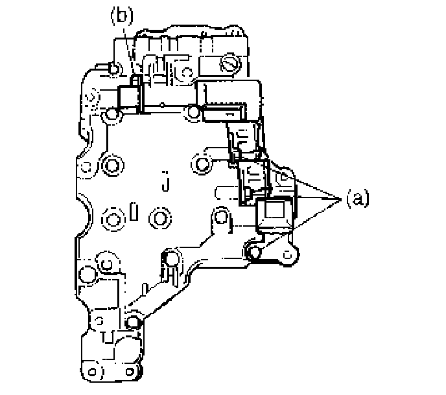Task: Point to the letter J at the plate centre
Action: pos(167,185)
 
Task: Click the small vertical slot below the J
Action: pos(133,212)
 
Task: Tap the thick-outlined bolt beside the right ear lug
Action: pos(254,251)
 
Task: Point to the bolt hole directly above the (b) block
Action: pos(114,68)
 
